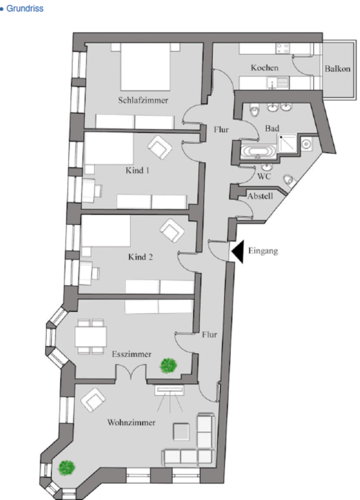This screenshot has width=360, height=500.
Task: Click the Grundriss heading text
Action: (24, 9)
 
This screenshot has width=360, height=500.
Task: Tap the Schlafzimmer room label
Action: (143, 100)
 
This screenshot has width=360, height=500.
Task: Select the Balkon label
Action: (337, 69)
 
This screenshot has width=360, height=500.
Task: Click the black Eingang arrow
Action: (237, 252)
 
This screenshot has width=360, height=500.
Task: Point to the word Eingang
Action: (263, 251)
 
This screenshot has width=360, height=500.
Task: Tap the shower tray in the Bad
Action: (287, 143)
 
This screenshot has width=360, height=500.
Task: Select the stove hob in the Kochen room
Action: (283, 49)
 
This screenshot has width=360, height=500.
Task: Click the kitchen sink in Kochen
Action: (277, 82)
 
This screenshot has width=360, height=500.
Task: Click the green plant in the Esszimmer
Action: (167, 365)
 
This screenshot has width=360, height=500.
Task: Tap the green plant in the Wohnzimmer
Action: (66, 467)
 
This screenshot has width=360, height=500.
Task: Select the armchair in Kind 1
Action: (160, 147)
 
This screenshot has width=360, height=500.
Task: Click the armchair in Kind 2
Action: (172, 231)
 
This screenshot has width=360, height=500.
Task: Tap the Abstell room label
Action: (259, 197)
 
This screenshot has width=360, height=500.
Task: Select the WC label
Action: (264, 177)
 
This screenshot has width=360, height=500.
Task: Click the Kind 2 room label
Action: (140, 257)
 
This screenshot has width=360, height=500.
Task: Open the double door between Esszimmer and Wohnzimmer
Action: (130, 373)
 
